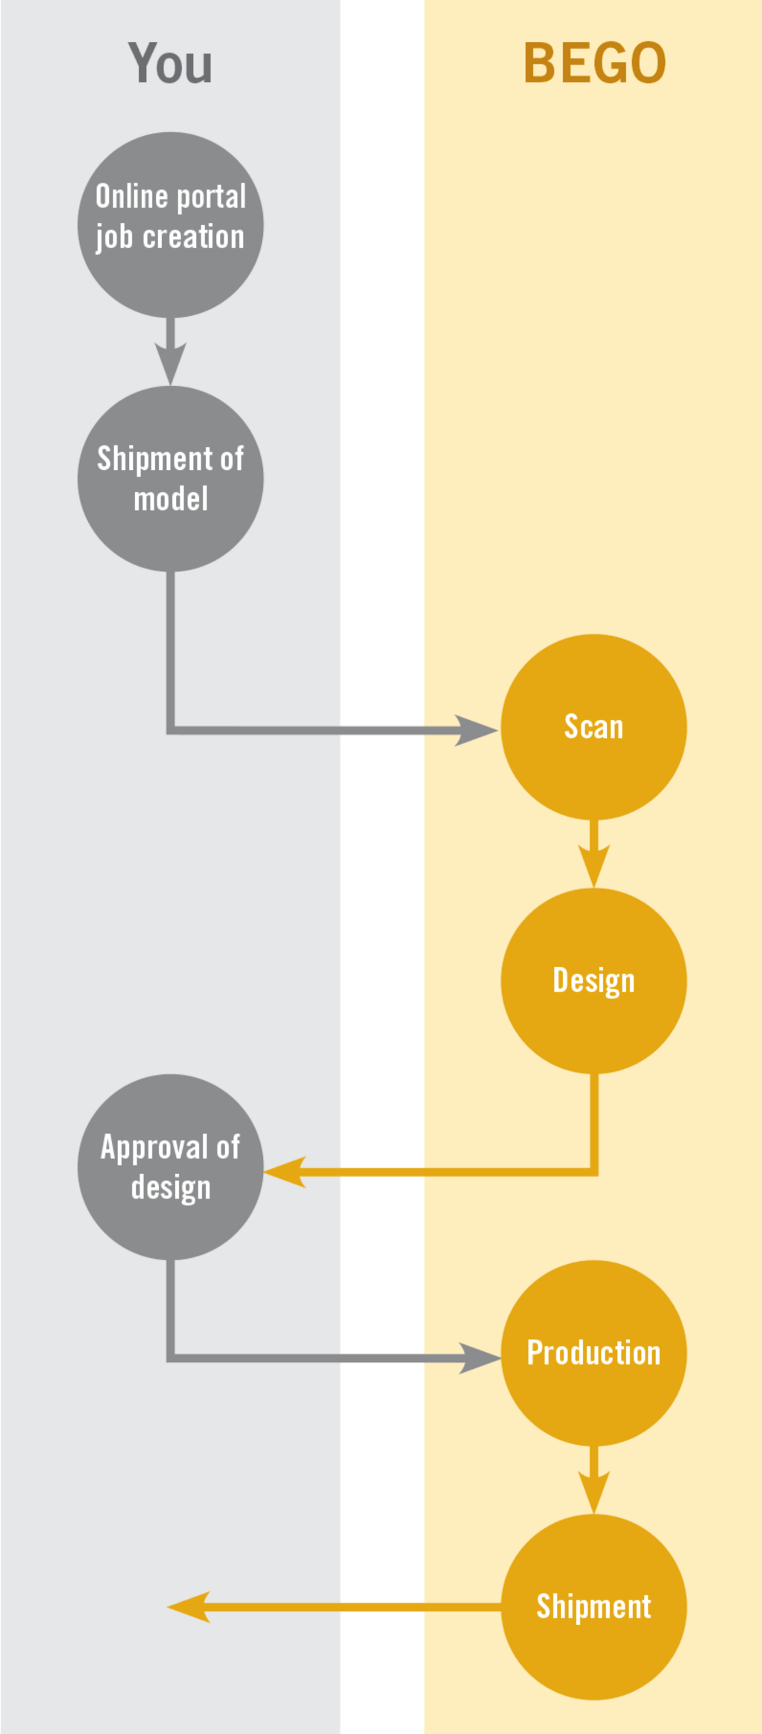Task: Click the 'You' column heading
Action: (170, 64)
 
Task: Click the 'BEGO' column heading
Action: (594, 64)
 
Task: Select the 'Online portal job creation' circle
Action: (171, 225)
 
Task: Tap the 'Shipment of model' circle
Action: (171, 479)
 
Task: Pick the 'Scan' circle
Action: (594, 727)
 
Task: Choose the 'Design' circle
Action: (594, 981)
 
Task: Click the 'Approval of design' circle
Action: (171, 1167)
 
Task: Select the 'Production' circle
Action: (594, 1352)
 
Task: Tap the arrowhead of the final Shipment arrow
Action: (189, 1607)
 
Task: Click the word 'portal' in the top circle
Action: (210, 197)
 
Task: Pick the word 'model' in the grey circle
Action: (171, 499)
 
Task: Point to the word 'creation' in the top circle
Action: (193, 237)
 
